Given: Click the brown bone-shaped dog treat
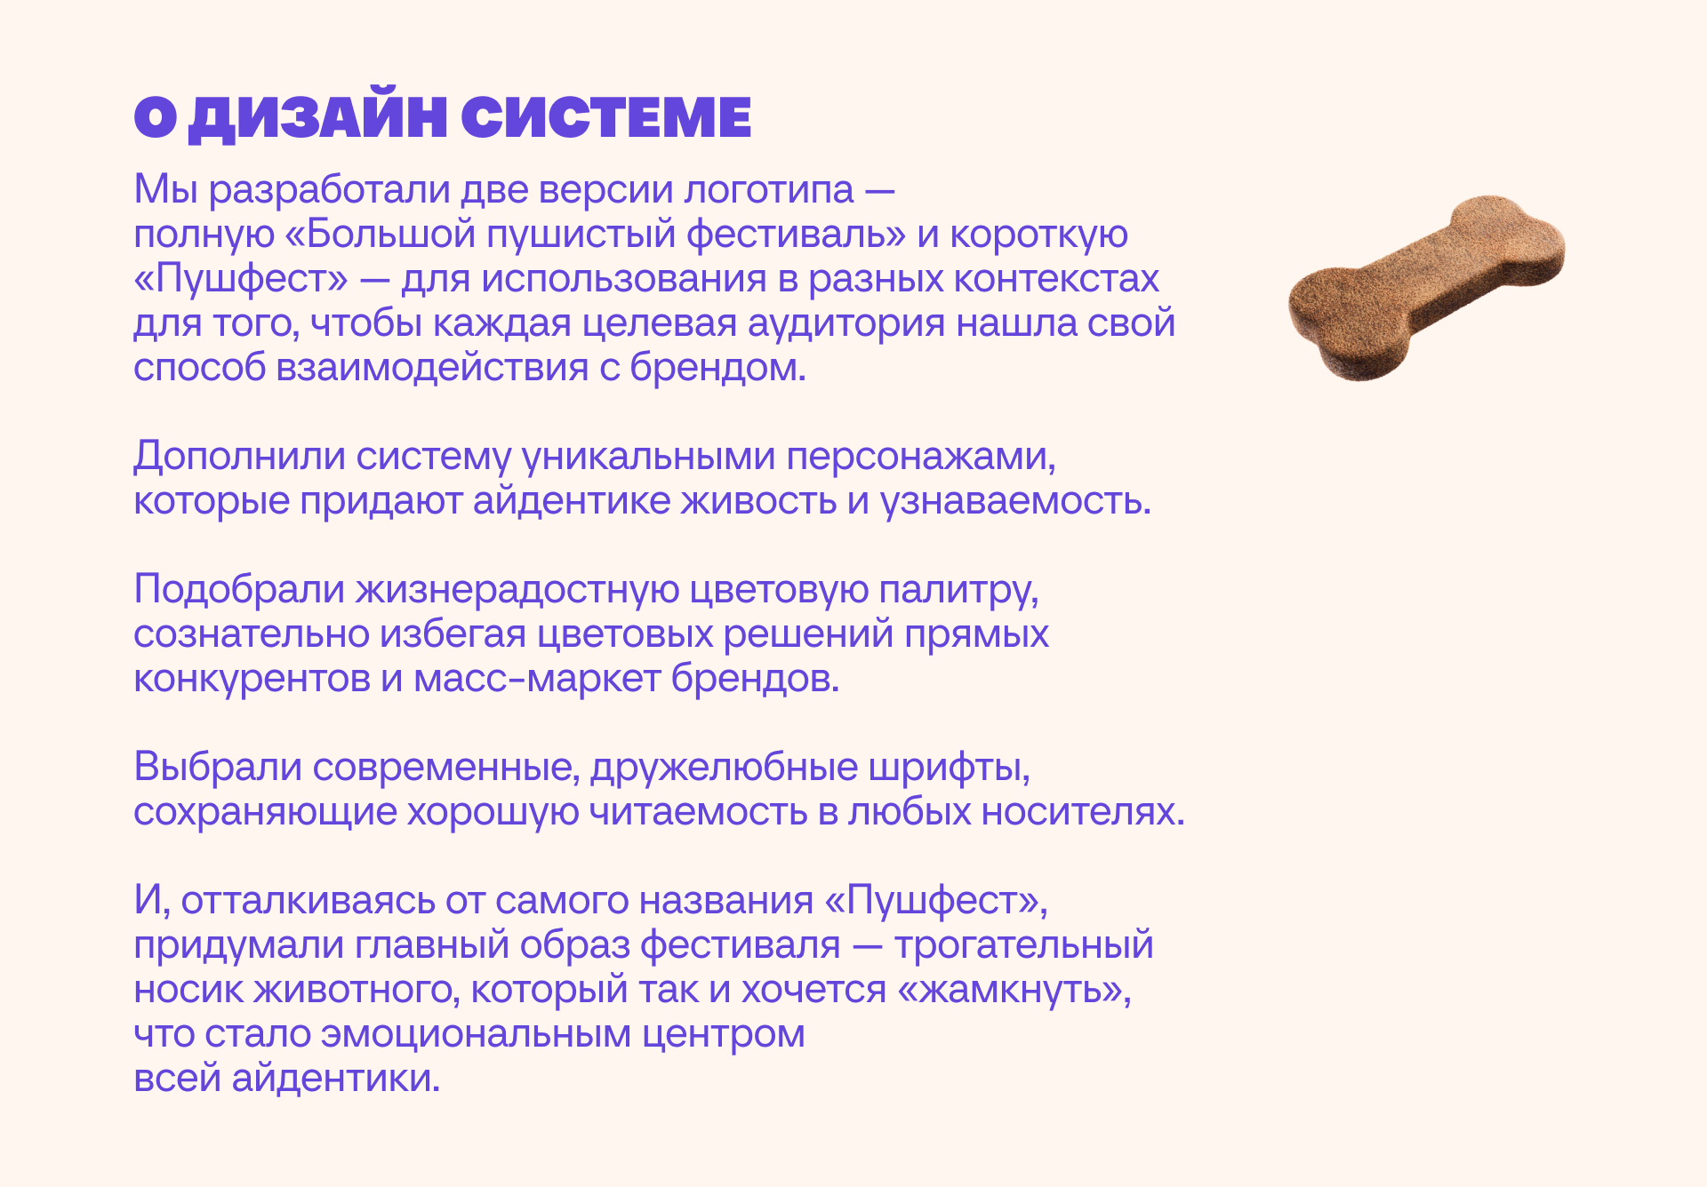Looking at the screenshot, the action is [x=1426, y=287].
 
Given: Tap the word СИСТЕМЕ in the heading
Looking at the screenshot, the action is [x=606, y=117].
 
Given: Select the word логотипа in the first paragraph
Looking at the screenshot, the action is [x=769, y=190].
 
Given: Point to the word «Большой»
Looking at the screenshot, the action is [x=381, y=235].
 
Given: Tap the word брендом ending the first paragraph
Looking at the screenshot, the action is [x=717, y=368].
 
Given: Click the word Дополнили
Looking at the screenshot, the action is [x=239, y=457].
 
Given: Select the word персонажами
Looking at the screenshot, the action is [x=921, y=457].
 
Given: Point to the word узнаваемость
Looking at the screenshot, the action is [x=1015, y=501].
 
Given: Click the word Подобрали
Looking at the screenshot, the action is [x=239, y=589].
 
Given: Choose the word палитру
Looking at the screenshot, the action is [x=958, y=590].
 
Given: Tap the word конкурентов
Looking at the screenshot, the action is [x=252, y=679].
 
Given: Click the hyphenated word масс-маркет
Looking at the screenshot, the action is [x=538, y=679].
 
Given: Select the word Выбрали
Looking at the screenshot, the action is [x=218, y=767].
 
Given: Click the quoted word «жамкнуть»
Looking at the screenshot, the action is [x=1014, y=990].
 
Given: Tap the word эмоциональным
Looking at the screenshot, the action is [x=477, y=1034].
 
